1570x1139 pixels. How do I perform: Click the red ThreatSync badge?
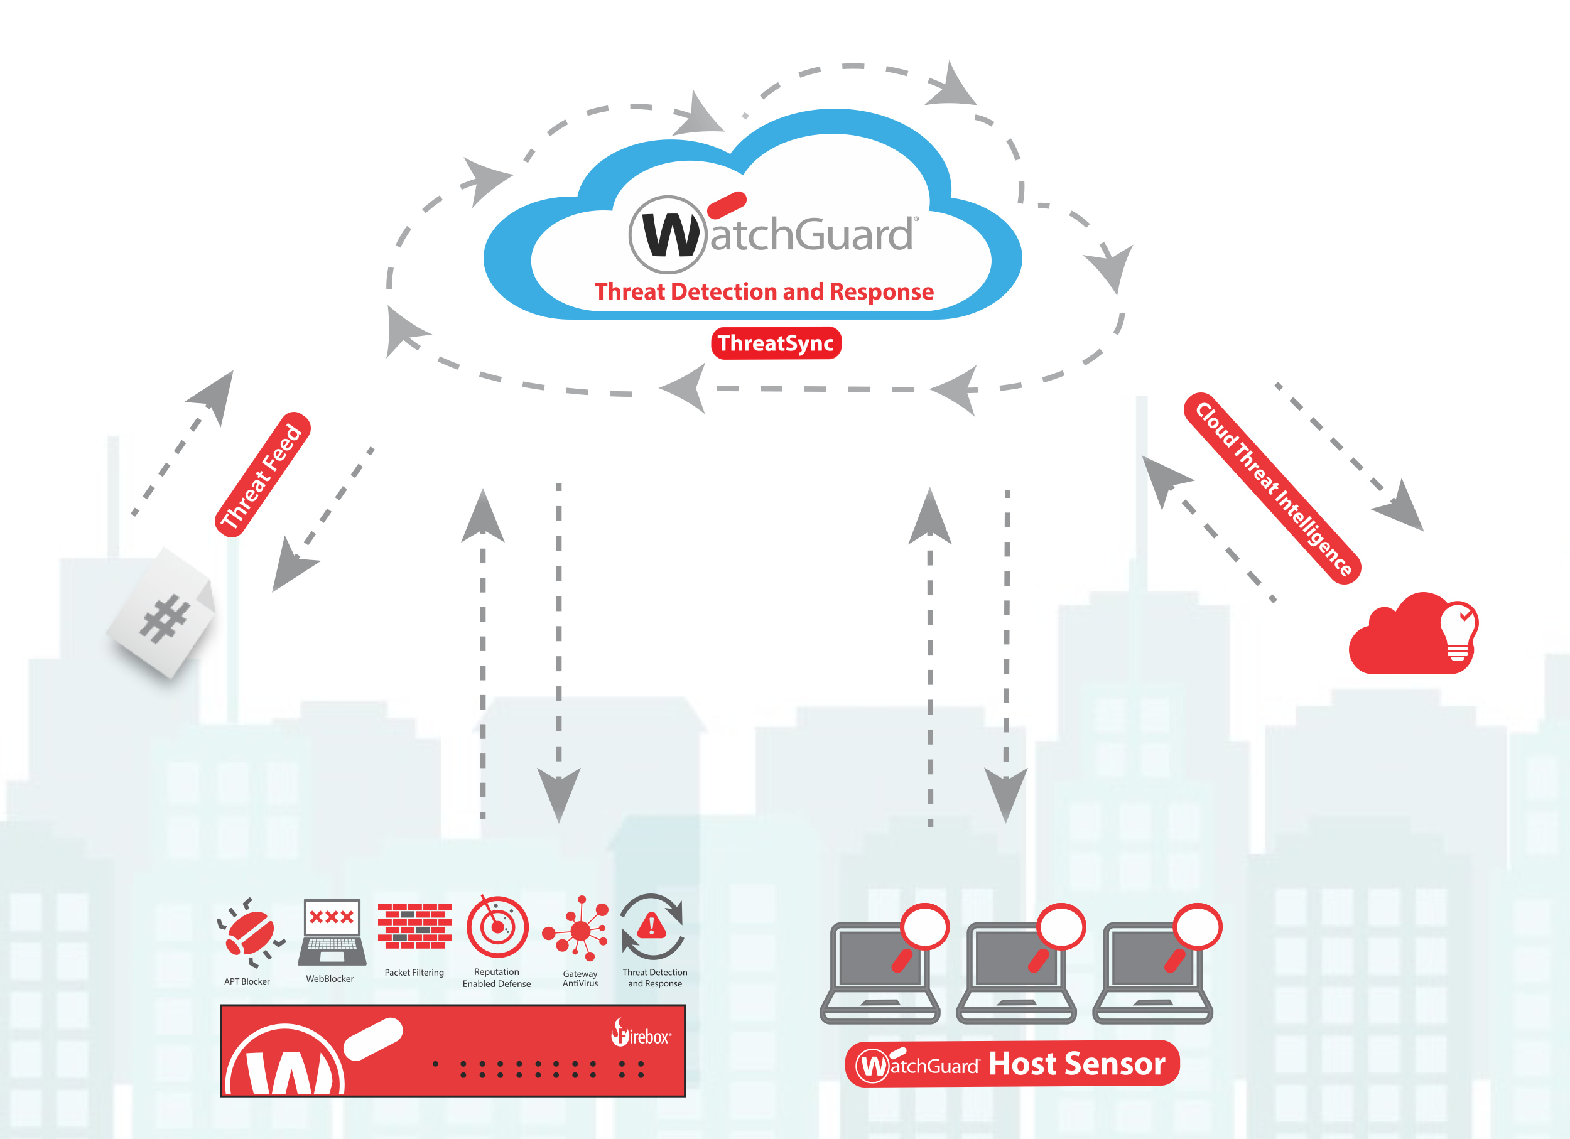coord(776,343)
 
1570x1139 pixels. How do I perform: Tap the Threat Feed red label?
coord(263,475)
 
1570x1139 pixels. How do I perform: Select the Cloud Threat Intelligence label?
coord(1273,489)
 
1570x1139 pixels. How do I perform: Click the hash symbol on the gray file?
coord(164,618)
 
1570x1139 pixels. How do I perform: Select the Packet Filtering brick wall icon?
coord(414,926)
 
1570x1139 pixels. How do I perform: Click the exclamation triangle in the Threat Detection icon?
coord(651,925)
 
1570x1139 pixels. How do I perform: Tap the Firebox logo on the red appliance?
coord(641,1034)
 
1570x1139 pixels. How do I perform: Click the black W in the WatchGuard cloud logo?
coord(668,235)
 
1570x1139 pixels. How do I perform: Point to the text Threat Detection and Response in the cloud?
coord(764,291)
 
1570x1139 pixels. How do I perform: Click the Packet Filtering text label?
coord(414,972)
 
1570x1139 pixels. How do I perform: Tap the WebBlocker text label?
coord(330,978)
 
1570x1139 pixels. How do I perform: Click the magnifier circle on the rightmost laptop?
coord(1197,927)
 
